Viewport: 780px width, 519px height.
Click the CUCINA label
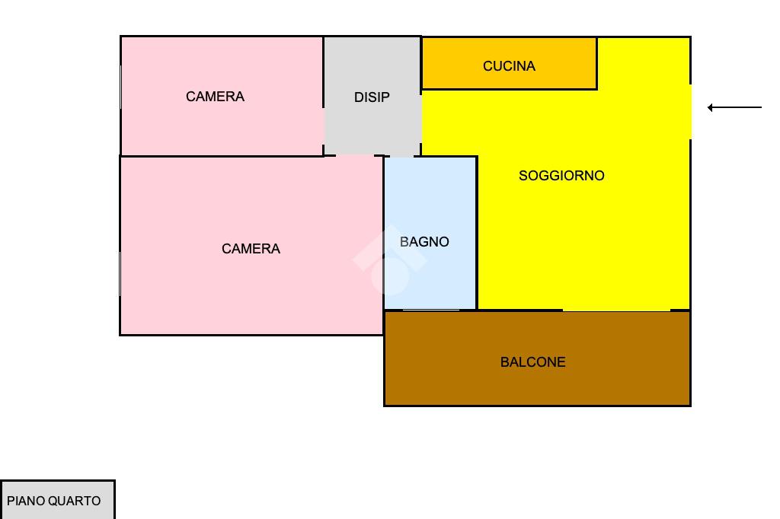[509, 66]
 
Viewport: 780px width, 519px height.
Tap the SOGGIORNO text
[561, 176]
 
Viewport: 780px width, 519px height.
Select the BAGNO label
[424, 242]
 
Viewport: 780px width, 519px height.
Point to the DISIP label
[372, 97]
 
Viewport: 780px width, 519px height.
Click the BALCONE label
[532, 362]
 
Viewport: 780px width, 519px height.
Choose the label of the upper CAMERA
[215, 97]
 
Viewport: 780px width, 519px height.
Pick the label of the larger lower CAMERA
[251, 249]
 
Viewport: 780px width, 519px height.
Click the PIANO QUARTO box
[57, 500]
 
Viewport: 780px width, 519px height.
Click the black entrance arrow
[735, 108]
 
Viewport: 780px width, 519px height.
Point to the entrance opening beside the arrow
[690, 111]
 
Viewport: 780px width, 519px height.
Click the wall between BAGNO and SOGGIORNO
[477, 228]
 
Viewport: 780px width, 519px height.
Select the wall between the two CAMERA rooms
[221, 156]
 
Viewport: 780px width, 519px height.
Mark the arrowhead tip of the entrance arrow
[709, 108]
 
